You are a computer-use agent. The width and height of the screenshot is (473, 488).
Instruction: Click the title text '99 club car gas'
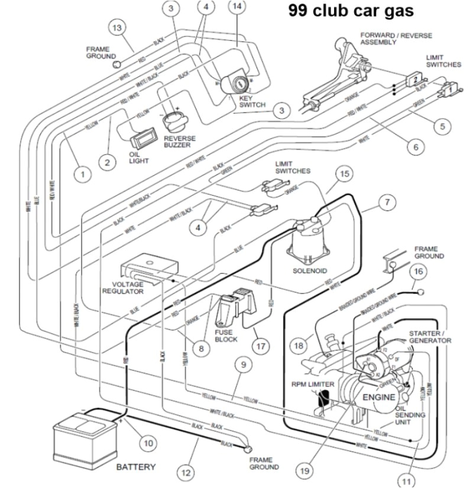tap(351, 11)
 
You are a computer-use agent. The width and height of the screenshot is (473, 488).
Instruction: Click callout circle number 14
tap(238, 7)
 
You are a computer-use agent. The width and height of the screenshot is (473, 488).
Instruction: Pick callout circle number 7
tap(387, 202)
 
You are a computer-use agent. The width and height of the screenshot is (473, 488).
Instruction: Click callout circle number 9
tap(242, 365)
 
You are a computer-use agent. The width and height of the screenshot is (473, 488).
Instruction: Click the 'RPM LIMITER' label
tap(313, 384)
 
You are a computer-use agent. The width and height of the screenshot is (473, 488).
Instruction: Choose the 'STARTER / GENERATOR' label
tap(430, 337)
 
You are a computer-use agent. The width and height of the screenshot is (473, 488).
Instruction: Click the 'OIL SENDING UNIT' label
tap(410, 415)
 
